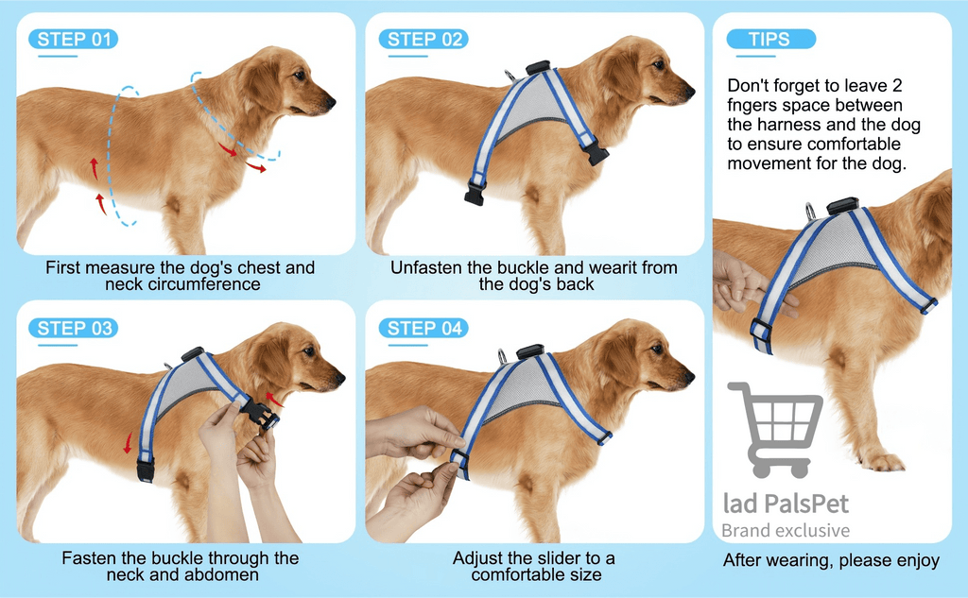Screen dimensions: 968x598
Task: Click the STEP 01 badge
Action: tap(74, 39)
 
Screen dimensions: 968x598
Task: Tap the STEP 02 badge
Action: tap(423, 39)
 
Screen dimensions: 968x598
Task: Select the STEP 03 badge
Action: tap(74, 328)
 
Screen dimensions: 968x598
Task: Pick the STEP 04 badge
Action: tap(423, 328)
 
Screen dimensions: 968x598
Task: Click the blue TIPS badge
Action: tap(771, 39)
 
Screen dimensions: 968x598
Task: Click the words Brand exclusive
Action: tap(786, 530)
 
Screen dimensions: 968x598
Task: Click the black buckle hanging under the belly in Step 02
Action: tap(475, 193)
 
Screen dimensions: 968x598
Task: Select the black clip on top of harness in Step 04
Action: tap(529, 351)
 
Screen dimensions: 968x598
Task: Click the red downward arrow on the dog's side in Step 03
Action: tap(129, 442)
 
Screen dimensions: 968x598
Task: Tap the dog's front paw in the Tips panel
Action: tap(883, 461)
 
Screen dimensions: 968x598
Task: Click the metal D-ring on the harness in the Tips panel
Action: tap(810, 211)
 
